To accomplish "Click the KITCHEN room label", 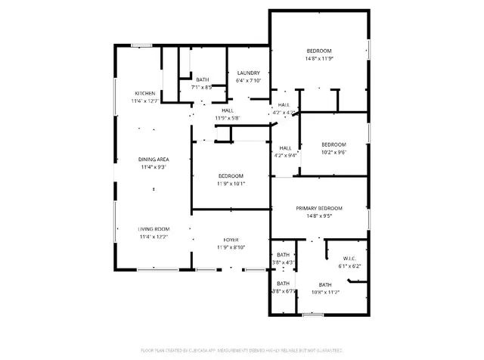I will click(x=145, y=93).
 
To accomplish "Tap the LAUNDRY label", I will click(x=248, y=73).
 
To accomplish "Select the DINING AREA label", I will click(x=153, y=159).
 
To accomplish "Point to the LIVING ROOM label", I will click(x=153, y=228).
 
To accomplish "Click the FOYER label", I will click(x=231, y=239).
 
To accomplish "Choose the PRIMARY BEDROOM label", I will click(x=319, y=208).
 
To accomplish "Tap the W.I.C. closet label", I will click(x=349, y=257).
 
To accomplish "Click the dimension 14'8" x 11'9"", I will click(x=319, y=58).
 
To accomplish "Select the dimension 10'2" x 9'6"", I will click(x=334, y=152).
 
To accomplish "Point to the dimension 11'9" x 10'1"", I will click(x=231, y=183).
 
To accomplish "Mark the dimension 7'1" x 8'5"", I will click(x=202, y=87).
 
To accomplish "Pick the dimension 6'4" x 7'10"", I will click(x=248, y=81).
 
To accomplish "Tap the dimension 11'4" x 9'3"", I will click(x=153, y=167).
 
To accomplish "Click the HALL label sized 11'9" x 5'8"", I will click(x=228, y=110).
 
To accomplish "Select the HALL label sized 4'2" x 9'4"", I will click(x=286, y=148).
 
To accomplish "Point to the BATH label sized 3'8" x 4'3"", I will click(x=283, y=255).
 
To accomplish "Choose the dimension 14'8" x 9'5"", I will click(x=319, y=216).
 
